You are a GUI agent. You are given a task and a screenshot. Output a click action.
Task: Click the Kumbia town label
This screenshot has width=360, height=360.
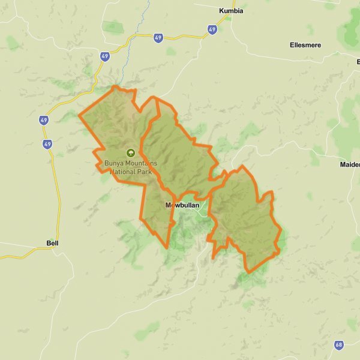click(x=231, y=10)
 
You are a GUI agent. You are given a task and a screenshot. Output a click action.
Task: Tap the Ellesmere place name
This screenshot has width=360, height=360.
click(x=305, y=45)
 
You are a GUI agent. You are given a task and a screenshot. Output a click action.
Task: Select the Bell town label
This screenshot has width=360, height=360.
click(x=52, y=243)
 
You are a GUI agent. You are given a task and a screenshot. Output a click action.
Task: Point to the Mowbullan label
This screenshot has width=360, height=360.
click(x=182, y=205)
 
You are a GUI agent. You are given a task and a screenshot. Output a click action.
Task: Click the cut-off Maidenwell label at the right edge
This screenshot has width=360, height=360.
click(x=350, y=164)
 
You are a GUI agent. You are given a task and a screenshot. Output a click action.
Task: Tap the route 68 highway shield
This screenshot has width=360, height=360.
click(x=339, y=345)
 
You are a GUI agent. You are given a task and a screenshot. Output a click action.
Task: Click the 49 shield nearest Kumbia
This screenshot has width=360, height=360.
click(x=212, y=29)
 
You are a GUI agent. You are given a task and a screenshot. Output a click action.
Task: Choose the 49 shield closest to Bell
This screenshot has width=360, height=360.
click(x=47, y=144)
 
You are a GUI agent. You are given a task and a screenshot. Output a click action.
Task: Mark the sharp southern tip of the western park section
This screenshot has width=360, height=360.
click(x=165, y=247)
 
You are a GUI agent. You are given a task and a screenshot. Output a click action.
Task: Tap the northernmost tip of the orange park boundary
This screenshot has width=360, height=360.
click(x=115, y=87)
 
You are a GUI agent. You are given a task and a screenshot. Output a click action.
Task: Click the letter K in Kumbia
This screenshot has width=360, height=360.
click(x=221, y=10)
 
